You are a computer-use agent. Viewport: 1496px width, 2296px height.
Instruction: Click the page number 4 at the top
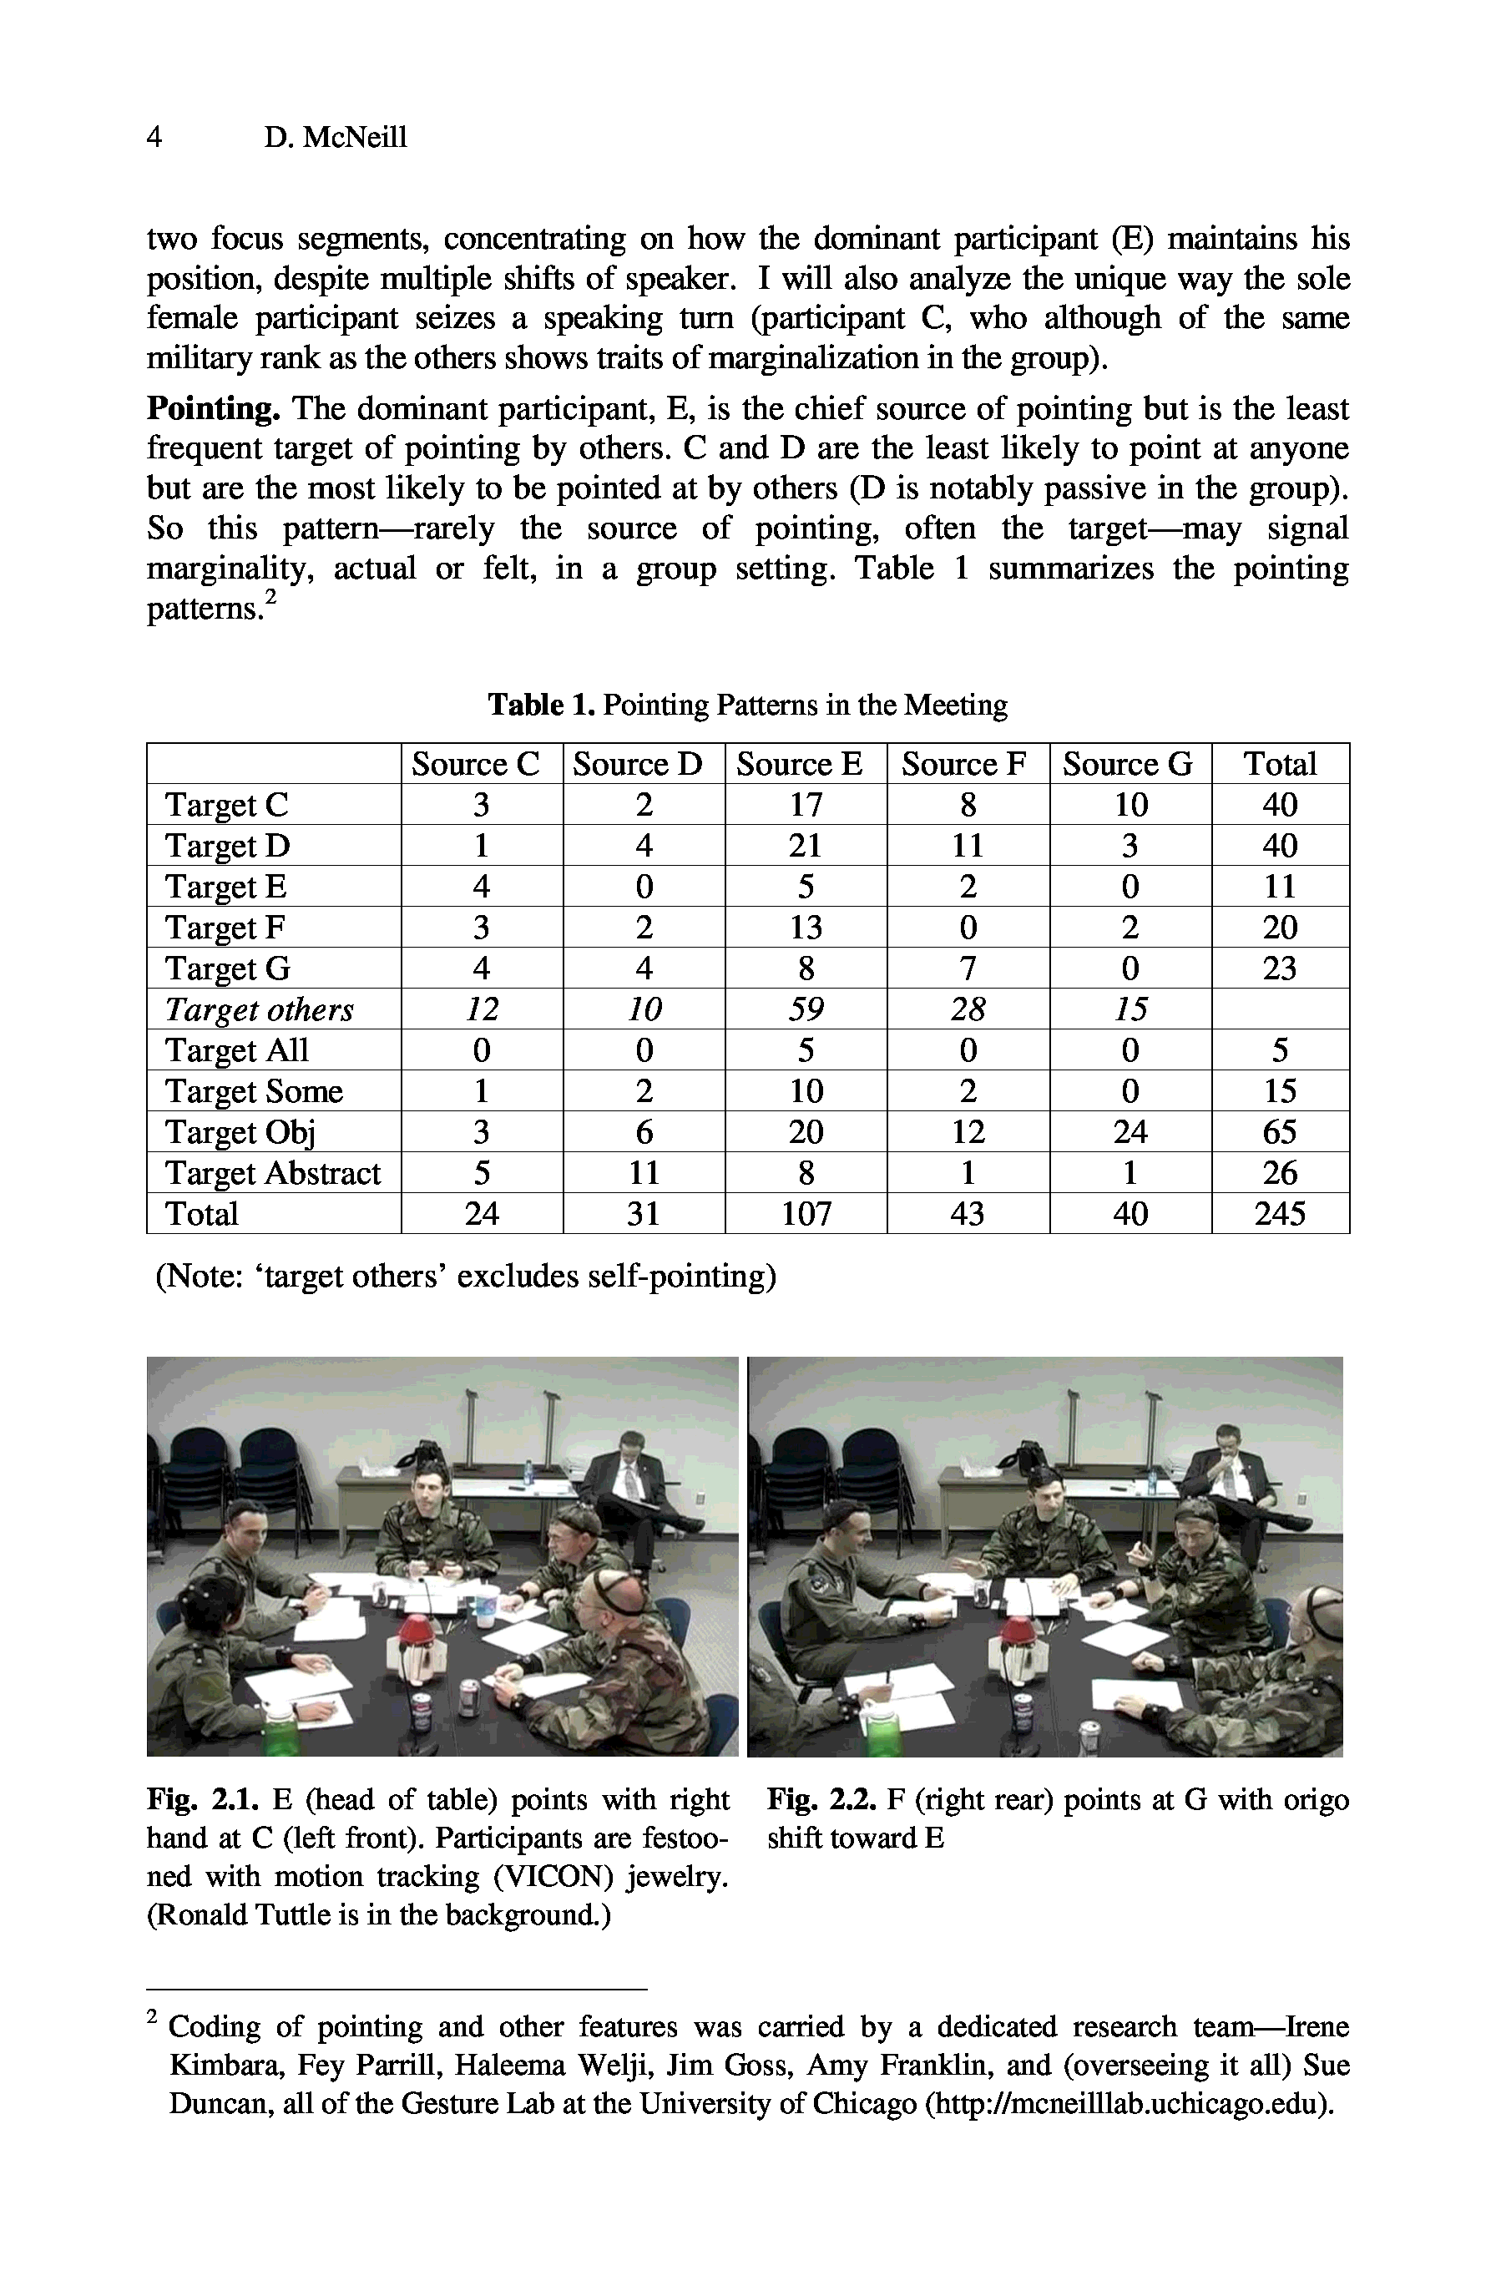[154, 137]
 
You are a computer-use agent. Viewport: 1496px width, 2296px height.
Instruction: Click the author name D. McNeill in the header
[335, 137]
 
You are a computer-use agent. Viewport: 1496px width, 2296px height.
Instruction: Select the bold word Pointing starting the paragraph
[213, 409]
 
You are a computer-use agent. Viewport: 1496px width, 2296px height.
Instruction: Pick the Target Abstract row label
[272, 1173]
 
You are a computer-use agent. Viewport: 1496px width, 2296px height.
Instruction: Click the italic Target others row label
[259, 1009]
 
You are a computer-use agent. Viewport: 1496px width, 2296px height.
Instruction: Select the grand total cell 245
[1279, 1214]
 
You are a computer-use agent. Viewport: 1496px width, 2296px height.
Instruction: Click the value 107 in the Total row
[806, 1214]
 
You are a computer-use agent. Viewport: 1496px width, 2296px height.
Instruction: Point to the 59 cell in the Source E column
[806, 1009]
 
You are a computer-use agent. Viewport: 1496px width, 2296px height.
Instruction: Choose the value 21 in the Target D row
[806, 846]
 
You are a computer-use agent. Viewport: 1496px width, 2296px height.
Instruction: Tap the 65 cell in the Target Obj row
[1279, 1131]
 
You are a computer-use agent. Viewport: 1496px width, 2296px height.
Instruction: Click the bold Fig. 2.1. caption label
[204, 1800]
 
